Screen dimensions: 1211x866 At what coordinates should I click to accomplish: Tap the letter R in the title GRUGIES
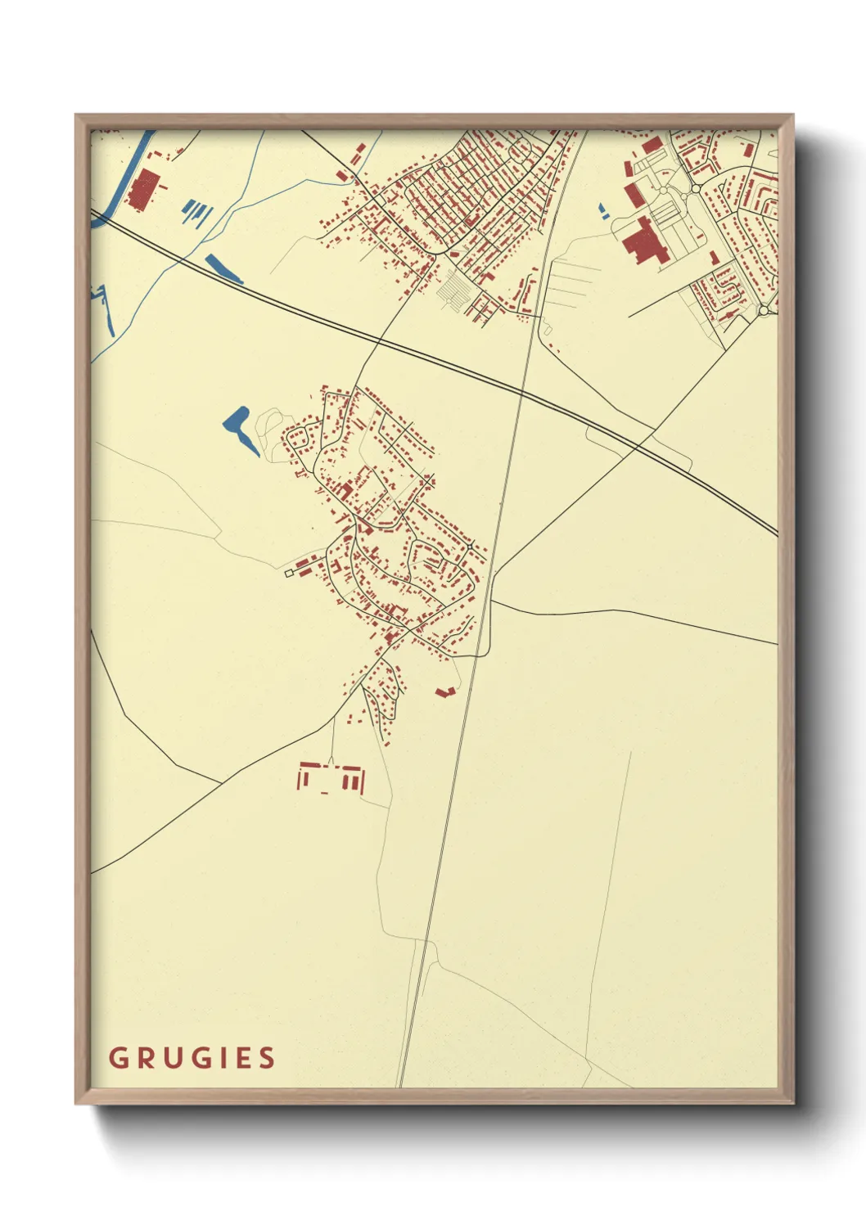144,1058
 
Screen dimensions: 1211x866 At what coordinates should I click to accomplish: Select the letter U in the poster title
171,1058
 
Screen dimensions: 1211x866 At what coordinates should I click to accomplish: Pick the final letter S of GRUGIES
267,1058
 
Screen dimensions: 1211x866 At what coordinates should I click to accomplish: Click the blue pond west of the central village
238,427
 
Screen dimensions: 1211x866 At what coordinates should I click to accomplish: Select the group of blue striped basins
196,213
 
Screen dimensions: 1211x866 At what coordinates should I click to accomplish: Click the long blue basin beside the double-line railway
223,268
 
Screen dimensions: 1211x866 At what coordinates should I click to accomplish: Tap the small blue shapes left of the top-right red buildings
604,210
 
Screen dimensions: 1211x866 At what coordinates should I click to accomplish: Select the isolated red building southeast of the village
444,692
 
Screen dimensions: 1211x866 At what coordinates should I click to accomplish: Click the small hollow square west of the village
288,574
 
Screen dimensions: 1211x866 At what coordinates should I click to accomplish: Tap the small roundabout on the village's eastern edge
471,546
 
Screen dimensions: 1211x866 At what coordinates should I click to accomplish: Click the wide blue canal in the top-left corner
131,172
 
